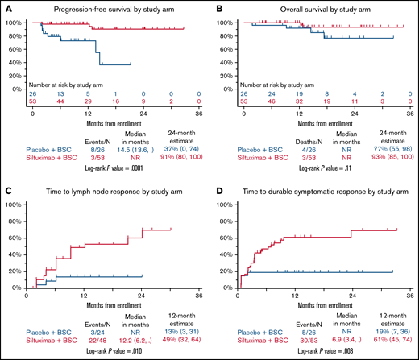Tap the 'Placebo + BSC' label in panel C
(41, 329)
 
